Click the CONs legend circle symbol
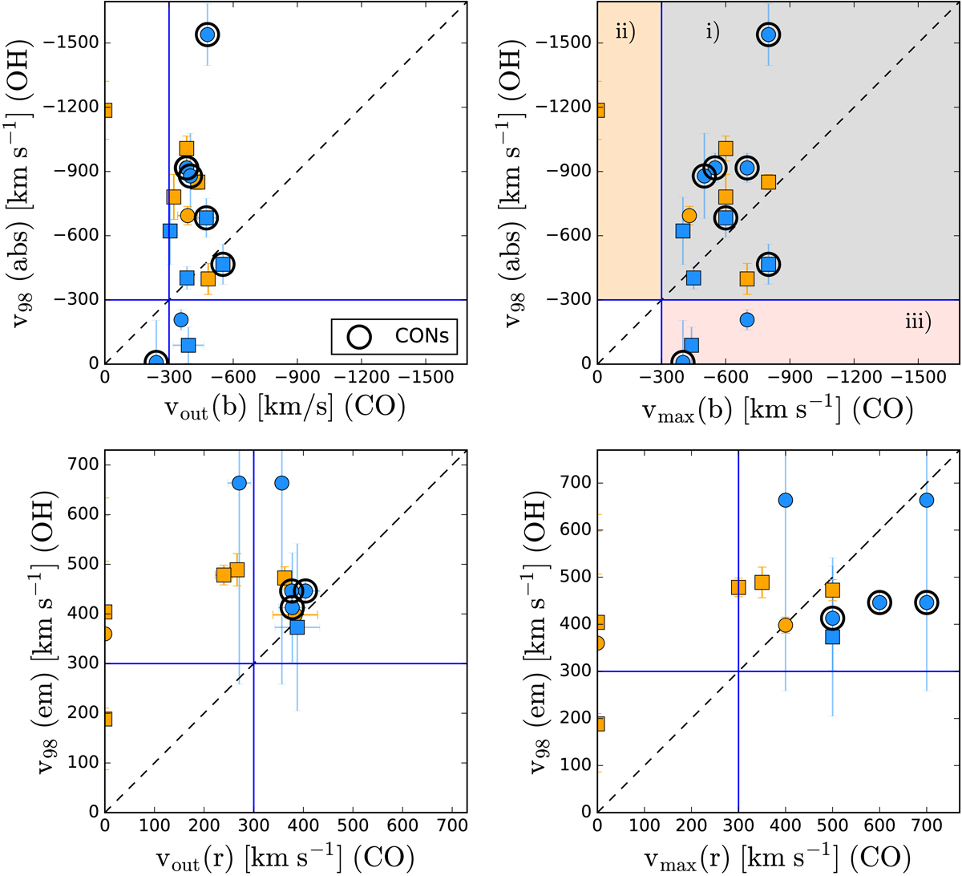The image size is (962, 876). pos(359,337)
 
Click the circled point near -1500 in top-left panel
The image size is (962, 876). pos(208,34)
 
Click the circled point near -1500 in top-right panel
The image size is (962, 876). pos(769,34)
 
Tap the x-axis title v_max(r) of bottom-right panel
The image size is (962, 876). pos(778,857)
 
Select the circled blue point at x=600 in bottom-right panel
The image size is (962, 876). pos(879,602)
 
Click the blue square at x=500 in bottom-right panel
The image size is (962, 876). pos(832,637)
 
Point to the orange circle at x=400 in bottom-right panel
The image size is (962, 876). pos(786,625)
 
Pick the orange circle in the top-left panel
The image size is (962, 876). pos(188,215)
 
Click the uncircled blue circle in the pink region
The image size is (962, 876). pos(747,319)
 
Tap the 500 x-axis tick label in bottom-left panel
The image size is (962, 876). pos(352,827)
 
